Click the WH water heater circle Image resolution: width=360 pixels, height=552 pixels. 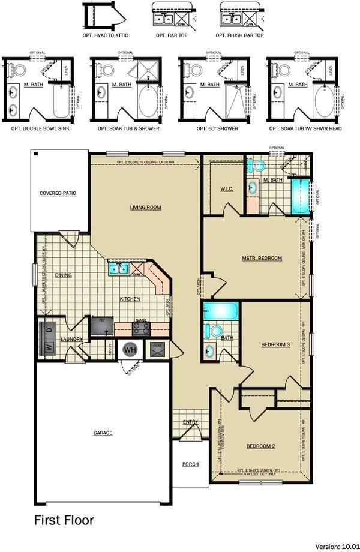pos(130,349)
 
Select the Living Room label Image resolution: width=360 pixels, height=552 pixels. pos(146,208)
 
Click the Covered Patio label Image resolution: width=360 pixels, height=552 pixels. pos(58,193)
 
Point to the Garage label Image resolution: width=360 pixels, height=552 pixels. pos(103,433)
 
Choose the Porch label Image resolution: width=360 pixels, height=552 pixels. pos(190,464)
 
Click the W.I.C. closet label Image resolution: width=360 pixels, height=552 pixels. pos(227,190)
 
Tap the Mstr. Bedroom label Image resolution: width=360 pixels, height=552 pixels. pos(262,258)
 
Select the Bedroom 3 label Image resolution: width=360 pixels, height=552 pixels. pos(275,344)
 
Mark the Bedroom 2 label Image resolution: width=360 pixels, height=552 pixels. pos(261,446)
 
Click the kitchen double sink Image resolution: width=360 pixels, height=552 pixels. pos(118,268)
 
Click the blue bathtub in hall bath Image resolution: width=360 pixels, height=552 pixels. pos(220,311)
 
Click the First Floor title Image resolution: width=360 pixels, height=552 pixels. pos(64,520)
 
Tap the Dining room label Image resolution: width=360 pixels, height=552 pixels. pos(64,275)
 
